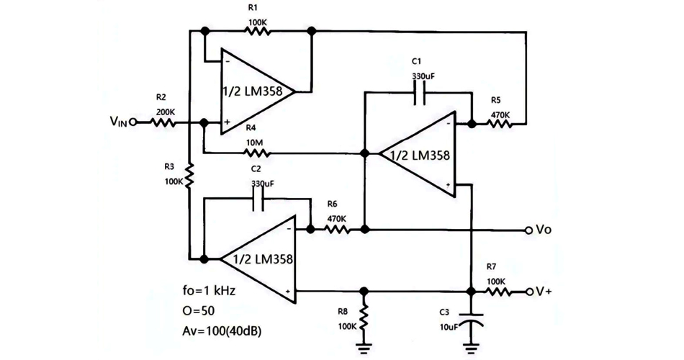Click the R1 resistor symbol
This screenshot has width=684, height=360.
click(x=258, y=32)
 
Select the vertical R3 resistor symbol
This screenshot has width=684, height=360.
click(x=189, y=176)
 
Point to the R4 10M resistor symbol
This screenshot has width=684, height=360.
click(x=258, y=153)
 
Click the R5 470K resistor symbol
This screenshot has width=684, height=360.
click(x=500, y=123)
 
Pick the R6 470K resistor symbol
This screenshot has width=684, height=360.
click(x=337, y=230)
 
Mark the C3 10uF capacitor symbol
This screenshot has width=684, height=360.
click(x=472, y=320)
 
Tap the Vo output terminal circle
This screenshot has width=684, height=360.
click(x=530, y=230)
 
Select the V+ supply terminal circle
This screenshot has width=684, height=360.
click(x=530, y=292)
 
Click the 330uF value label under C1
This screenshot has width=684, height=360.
click(x=420, y=76)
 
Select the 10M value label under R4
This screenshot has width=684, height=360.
click(x=253, y=143)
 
